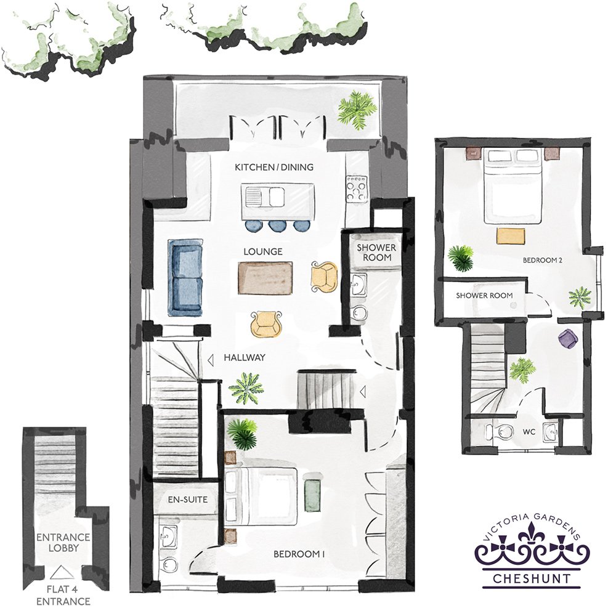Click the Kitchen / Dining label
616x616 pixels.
click(274, 167)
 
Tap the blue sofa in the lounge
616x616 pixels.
click(185, 277)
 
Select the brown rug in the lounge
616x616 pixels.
click(265, 278)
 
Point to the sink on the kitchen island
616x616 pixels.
click(265, 197)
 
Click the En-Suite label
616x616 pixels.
click(187, 500)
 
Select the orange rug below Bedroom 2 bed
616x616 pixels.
click(511, 236)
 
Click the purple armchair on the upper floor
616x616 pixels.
click(568, 338)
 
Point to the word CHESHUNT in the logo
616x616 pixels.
click(532, 578)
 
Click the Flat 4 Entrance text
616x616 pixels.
click(63, 595)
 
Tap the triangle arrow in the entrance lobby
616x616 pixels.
click(62, 572)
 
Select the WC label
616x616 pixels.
click(529, 432)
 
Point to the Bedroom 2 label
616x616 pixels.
click(542, 260)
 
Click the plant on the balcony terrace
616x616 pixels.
click(357, 109)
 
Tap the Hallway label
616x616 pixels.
click(245, 357)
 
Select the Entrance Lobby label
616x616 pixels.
click(63, 542)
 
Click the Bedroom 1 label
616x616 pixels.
click(299, 554)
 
